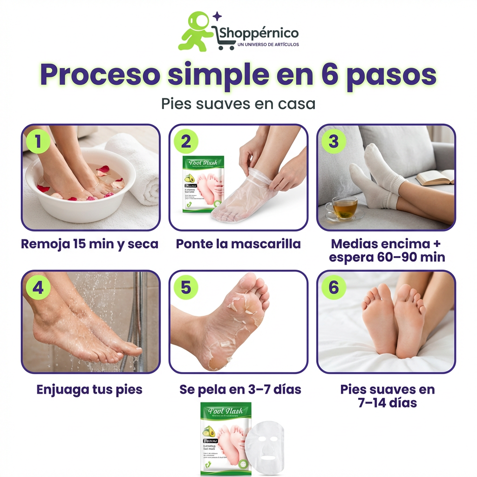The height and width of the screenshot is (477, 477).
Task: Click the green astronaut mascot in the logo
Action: click(x=196, y=32)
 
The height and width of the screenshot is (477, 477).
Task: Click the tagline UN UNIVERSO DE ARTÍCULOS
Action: click(x=268, y=45)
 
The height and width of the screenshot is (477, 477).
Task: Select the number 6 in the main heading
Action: click(x=329, y=74)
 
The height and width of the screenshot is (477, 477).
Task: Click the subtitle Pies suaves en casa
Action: click(x=238, y=103)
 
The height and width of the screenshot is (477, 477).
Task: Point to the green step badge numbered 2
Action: click(x=186, y=141)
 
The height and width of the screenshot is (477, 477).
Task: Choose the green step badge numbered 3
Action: click(x=334, y=141)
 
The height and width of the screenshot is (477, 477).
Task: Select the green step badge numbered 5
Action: click(x=186, y=287)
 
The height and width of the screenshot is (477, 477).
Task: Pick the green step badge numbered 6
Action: click(x=334, y=287)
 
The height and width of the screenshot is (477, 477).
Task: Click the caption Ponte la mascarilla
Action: click(x=238, y=244)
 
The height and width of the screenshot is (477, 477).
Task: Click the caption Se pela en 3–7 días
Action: click(x=240, y=389)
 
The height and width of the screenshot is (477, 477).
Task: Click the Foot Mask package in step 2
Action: click(x=203, y=184)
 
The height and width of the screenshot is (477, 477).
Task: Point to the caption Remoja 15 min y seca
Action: click(x=89, y=244)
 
